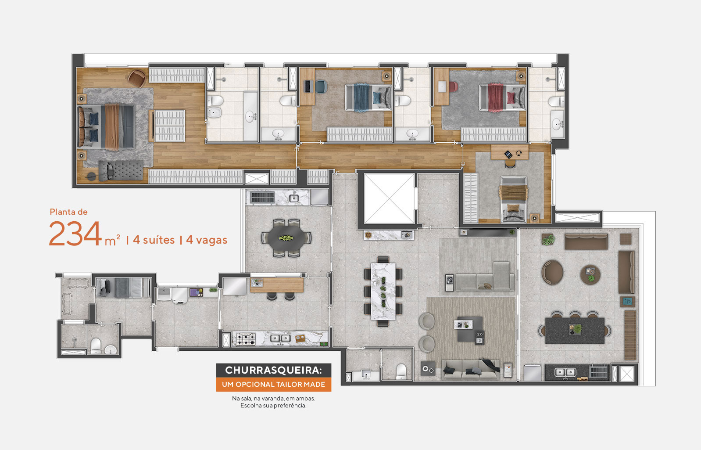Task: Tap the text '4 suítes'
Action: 154,240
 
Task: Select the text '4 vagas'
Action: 207,240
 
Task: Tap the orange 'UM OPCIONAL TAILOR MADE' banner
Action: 273,385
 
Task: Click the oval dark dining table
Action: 287,238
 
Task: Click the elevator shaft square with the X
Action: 389,198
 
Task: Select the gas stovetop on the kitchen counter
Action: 246,339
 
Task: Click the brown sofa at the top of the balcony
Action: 586,241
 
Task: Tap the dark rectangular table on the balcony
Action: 575,330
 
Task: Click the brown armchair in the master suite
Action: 137,78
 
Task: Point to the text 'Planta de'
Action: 68,212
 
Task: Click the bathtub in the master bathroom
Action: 250,116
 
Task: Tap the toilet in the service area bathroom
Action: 96,345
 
